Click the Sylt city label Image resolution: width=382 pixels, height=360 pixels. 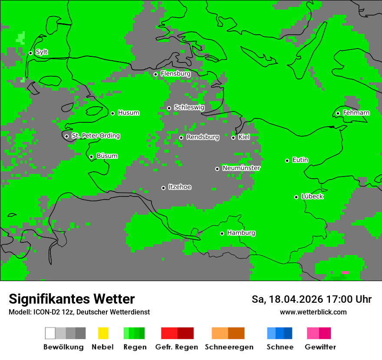42,52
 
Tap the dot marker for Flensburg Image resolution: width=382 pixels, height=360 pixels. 155,74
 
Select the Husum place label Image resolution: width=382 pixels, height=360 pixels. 128,113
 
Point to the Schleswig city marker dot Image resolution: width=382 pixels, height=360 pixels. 169,108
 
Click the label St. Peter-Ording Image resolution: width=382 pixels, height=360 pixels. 95,136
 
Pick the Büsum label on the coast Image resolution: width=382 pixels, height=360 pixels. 107,156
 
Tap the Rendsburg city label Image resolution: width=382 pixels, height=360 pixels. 203,137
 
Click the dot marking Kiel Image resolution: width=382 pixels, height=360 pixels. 233,137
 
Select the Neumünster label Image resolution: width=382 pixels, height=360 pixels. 241,168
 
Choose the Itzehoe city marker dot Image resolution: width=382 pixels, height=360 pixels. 163,188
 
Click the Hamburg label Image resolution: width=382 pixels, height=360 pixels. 241,233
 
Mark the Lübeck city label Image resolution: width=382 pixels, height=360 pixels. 312,196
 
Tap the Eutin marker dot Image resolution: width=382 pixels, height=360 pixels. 287,160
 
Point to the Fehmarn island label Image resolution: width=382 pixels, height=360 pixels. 356,113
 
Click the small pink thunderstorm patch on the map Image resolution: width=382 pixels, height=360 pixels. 345,272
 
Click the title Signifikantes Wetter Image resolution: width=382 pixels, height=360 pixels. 72,299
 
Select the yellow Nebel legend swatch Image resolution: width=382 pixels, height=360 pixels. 103,333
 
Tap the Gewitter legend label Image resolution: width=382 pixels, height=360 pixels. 320,347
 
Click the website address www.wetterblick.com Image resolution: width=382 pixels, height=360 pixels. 313,312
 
